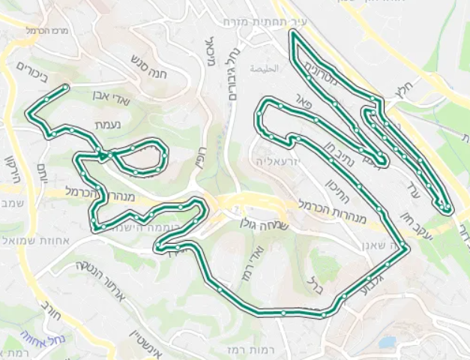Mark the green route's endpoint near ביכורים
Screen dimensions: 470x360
coord(67,88)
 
